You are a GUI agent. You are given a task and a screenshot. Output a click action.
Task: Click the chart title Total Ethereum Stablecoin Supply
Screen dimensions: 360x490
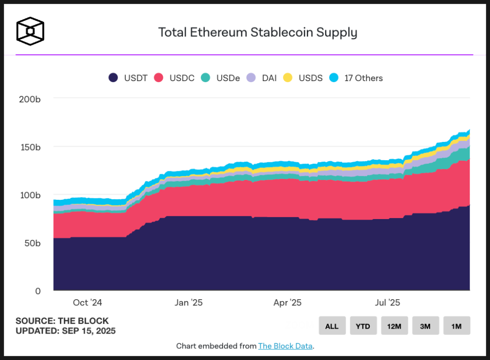[258, 32]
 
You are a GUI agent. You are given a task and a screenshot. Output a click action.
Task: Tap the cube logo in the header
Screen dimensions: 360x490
[30, 31]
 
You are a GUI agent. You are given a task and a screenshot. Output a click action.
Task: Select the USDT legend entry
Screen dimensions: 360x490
[128, 78]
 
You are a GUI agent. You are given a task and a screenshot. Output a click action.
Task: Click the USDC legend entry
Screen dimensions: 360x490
[174, 78]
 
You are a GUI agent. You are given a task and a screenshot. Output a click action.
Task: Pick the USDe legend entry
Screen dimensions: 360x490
[221, 78]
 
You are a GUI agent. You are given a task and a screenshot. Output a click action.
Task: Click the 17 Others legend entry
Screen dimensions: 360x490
[356, 78]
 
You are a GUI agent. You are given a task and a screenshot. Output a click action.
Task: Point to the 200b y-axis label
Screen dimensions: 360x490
[30, 99]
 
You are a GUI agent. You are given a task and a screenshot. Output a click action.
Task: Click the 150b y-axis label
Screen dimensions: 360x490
[30, 147]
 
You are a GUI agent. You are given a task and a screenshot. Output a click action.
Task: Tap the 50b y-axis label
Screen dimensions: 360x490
[32, 243]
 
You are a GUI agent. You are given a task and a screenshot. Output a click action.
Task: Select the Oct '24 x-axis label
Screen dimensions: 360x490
[87, 303]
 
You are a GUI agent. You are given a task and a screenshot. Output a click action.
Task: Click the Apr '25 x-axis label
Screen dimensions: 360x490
[288, 303]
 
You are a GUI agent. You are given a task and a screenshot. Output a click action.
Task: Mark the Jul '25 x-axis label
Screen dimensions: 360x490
[388, 303]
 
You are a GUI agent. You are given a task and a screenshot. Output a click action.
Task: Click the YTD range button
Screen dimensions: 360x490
[363, 326]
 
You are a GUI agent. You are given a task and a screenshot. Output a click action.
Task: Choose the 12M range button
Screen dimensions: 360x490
[394, 326]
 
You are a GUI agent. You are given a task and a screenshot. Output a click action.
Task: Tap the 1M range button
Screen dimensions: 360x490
[457, 326]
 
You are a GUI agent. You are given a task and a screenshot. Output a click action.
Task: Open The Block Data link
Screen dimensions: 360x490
[285, 346]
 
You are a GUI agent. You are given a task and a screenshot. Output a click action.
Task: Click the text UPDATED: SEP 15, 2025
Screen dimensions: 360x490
[65, 331]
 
